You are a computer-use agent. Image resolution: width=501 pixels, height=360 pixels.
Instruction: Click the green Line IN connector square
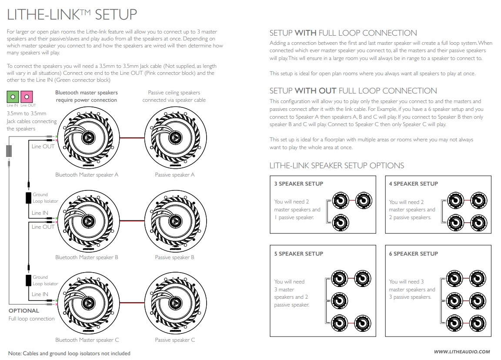13,97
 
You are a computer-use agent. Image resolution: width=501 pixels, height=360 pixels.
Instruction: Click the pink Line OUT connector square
27,97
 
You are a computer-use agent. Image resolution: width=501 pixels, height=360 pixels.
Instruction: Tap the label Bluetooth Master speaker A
87,175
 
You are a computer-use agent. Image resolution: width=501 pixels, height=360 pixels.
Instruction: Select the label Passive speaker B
174,257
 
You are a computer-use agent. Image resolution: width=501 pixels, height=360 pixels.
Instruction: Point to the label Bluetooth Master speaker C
87,340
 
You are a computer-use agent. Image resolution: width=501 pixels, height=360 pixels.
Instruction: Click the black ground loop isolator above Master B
28,198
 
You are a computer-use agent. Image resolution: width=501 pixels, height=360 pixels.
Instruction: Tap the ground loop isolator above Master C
28,280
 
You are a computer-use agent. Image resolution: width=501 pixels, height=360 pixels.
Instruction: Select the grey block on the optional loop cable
9,151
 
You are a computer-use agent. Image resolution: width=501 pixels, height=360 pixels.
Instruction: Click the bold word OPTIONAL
24,311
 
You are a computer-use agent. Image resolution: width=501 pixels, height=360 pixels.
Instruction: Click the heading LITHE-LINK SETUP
72,15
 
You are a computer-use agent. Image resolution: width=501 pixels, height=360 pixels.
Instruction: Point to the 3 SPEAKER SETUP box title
298,184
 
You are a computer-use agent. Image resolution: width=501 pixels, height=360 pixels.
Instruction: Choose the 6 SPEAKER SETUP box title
413,254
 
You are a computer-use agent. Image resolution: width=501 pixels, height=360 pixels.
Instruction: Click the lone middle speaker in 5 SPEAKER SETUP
340,300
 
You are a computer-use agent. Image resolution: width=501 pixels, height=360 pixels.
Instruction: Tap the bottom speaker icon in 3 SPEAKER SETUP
340,220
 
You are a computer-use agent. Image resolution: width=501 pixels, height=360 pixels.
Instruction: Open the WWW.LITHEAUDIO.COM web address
462,352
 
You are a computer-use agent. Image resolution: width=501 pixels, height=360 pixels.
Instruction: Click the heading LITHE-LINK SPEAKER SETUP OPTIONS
337,166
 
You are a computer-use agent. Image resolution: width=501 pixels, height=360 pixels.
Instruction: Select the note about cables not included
69,353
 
